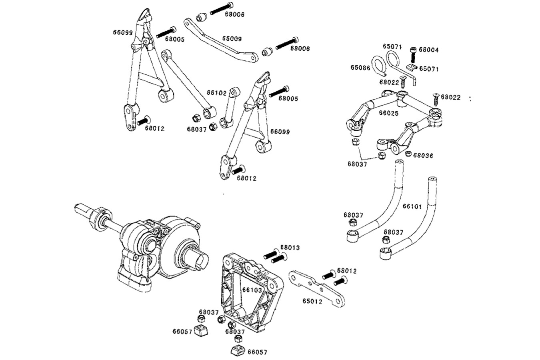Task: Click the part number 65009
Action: coord(232,39)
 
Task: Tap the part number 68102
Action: coord(217,92)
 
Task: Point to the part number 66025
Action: coord(389,113)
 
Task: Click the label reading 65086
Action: coord(361,68)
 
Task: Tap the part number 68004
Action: coord(428,50)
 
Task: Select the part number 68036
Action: coord(423,155)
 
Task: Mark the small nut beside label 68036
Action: coord(408,154)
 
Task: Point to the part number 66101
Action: coord(412,206)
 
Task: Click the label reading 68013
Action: coord(290,248)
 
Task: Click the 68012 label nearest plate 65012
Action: coord(347,271)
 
